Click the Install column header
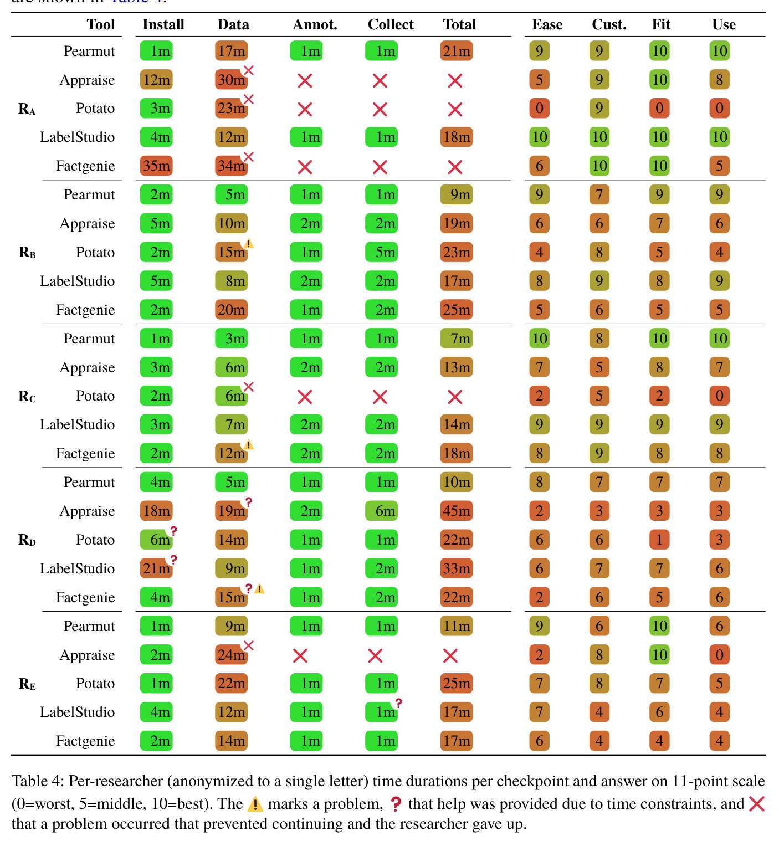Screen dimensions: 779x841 click(163, 24)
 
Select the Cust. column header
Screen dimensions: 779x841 click(609, 24)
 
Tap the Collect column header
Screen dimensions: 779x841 click(390, 24)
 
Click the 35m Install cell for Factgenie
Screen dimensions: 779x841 click(156, 166)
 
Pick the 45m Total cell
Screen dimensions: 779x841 click(456, 511)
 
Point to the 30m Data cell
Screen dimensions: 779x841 click(231, 80)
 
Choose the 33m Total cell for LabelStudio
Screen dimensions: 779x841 click(456, 568)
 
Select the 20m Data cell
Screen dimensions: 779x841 click(231, 310)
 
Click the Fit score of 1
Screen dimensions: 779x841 click(659, 540)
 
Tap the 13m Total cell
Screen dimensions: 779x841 click(456, 367)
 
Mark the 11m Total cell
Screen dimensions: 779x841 click(456, 626)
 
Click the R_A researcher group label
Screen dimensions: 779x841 click(27, 109)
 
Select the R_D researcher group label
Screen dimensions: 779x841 click(27, 540)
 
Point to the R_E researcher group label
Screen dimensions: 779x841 click(27, 684)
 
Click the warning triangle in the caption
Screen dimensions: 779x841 click(255, 804)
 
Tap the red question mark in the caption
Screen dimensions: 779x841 click(395, 804)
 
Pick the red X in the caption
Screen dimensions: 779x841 click(756, 804)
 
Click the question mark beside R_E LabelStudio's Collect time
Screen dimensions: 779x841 click(398, 703)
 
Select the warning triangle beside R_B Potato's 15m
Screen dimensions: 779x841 click(249, 244)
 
